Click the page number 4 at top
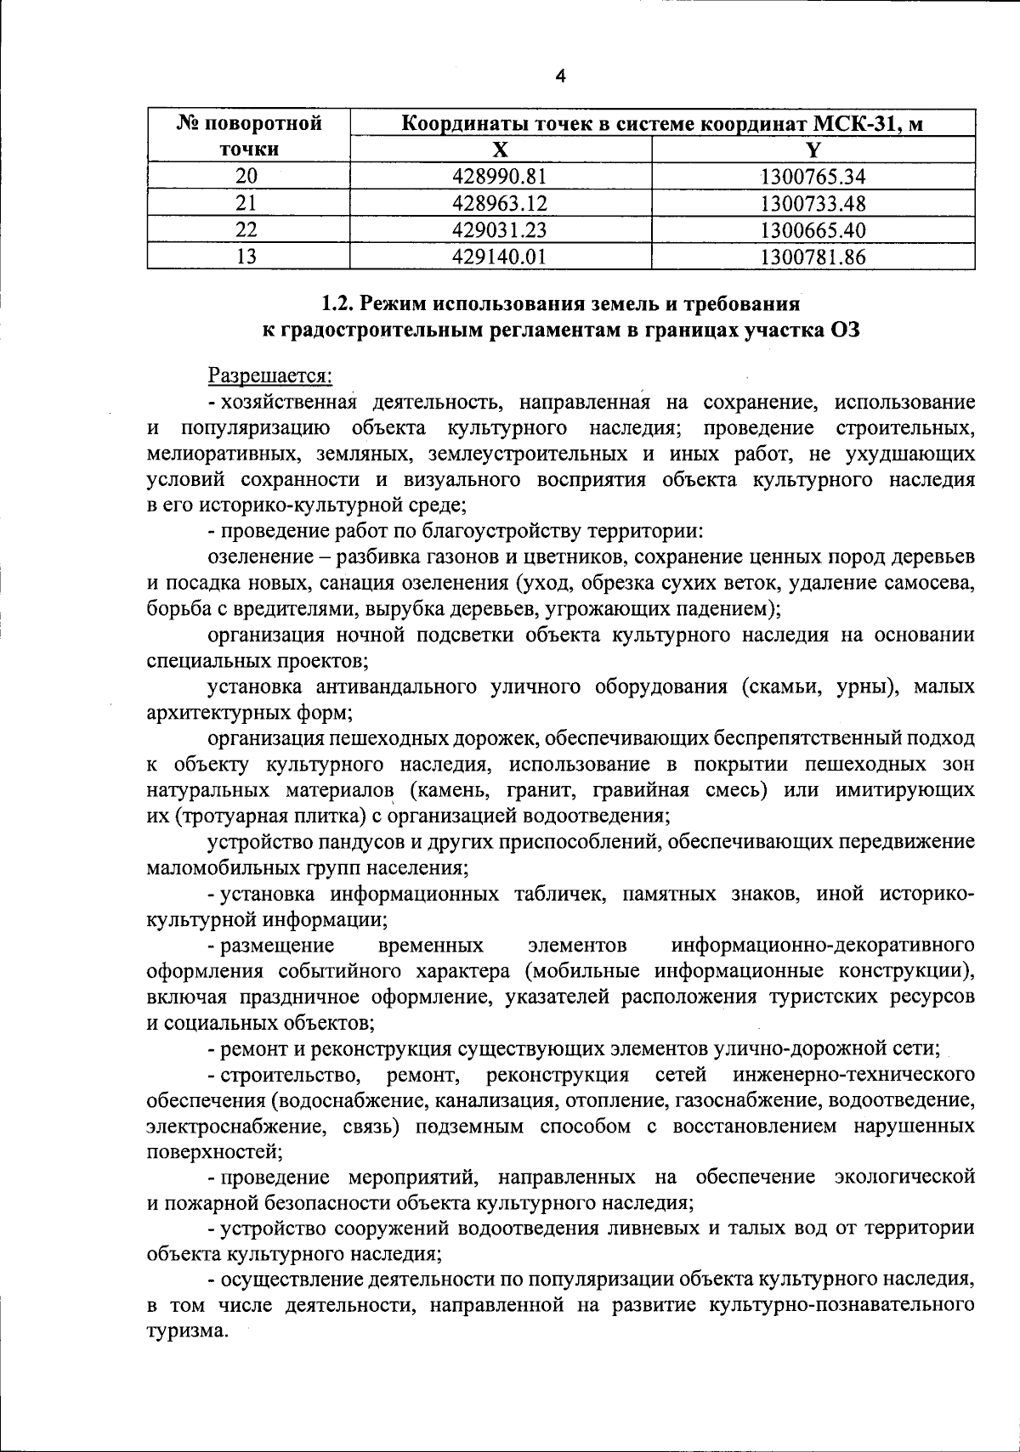559,77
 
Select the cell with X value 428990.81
501,177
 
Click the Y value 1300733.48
813,204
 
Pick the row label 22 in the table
246,230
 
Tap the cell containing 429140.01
501,257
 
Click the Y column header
813,150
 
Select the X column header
501,150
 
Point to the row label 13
246,257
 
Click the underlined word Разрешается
270,375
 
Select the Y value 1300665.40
813,230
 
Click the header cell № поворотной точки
249,137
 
